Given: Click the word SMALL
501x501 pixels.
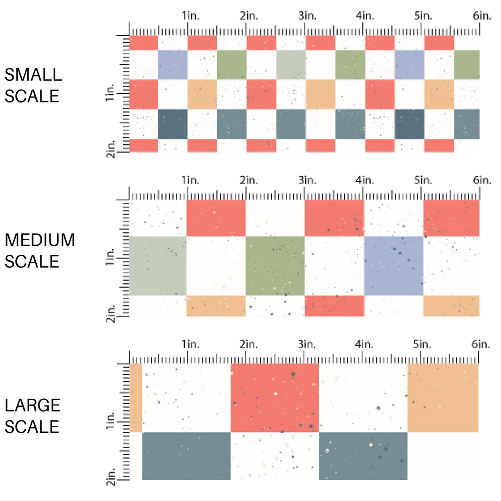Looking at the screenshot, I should (33, 75).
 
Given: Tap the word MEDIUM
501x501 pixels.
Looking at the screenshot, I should (40, 240).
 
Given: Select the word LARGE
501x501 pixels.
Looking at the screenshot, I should (33, 405).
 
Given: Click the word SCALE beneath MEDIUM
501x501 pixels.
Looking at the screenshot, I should (32, 262).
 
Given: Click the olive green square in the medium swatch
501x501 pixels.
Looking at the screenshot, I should (275, 266).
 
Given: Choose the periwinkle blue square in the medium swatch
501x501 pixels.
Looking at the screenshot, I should (394, 266).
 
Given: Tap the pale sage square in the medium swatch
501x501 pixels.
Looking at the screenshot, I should (158, 266).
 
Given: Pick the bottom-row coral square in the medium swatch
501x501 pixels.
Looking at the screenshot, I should (334, 306).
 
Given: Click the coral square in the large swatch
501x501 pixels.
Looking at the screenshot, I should (275, 398).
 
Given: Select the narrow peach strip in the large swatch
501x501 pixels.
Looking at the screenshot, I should (136, 398).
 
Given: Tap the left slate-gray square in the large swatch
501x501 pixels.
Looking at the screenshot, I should (186, 456).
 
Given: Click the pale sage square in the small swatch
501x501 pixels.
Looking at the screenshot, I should (291, 64).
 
